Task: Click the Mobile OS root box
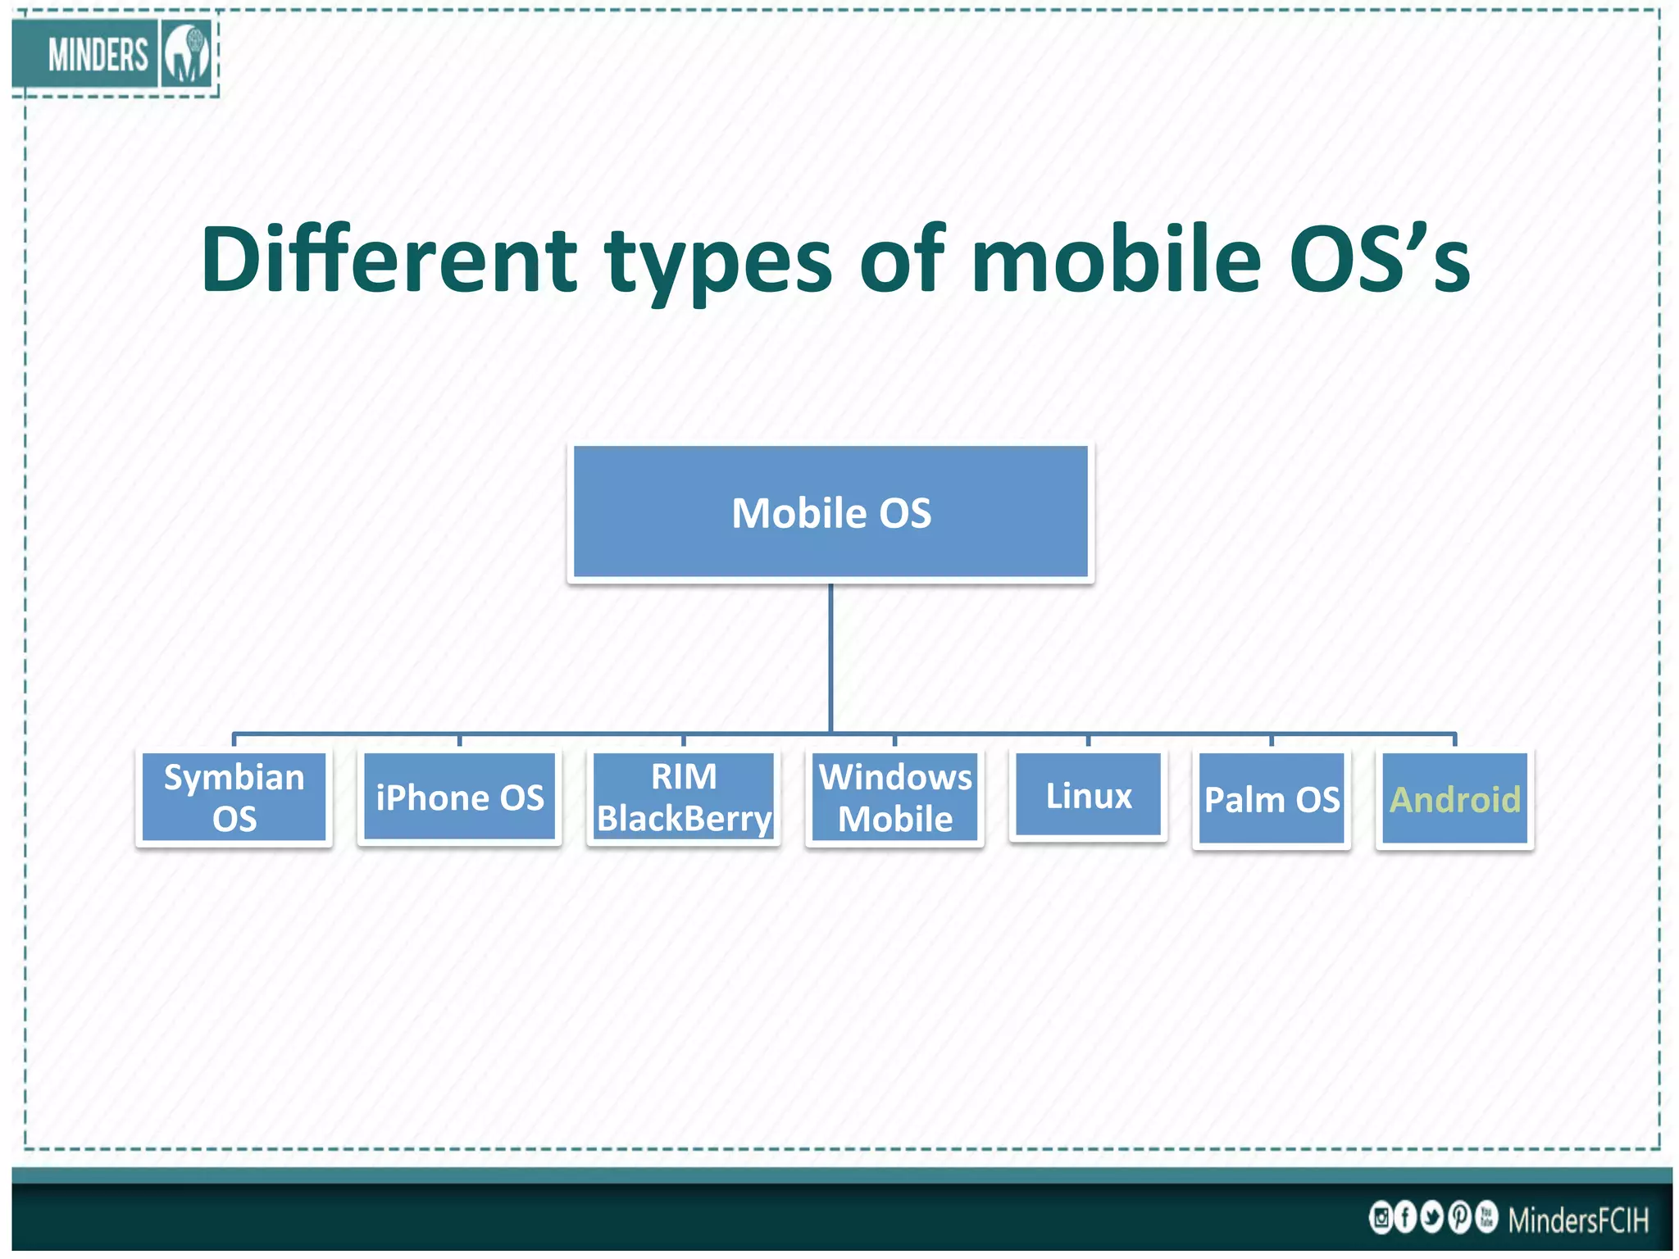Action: tap(830, 513)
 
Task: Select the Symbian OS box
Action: tap(234, 798)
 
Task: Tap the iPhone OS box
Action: tap(460, 798)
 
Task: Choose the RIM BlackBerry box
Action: tap(684, 798)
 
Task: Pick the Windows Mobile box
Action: tap(895, 798)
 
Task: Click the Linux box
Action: tap(1089, 795)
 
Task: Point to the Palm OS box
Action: tap(1272, 799)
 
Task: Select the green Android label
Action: tap(1455, 799)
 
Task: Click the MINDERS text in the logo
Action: tap(98, 56)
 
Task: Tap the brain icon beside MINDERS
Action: tap(187, 54)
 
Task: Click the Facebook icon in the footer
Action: tap(1405, 1217)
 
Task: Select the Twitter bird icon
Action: tap(1432, 1217)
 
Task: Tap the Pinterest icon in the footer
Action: tap(1459, 1217)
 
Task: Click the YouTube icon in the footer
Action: tap(1486, 1217)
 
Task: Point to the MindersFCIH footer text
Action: tap(1578, 1220)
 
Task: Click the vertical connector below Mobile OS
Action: tap(830, 656)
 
